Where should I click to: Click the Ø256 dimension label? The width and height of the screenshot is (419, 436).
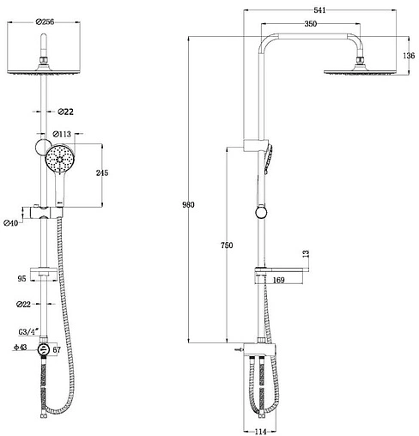[45, 21]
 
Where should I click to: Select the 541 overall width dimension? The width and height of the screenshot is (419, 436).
[319, 10]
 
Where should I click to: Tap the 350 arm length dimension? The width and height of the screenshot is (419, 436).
[311, 24]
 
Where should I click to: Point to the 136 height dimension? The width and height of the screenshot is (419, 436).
[409, 56]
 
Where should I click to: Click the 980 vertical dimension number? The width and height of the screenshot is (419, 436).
[188, 204]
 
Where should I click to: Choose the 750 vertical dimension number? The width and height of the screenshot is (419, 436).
[227, 245]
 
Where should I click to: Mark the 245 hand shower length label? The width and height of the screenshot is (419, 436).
[102, 173]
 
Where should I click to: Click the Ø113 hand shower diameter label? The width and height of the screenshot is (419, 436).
[62, 134]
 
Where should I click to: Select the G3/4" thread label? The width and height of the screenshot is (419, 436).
[28, 332]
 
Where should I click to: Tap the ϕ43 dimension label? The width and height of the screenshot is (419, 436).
[21, 348]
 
